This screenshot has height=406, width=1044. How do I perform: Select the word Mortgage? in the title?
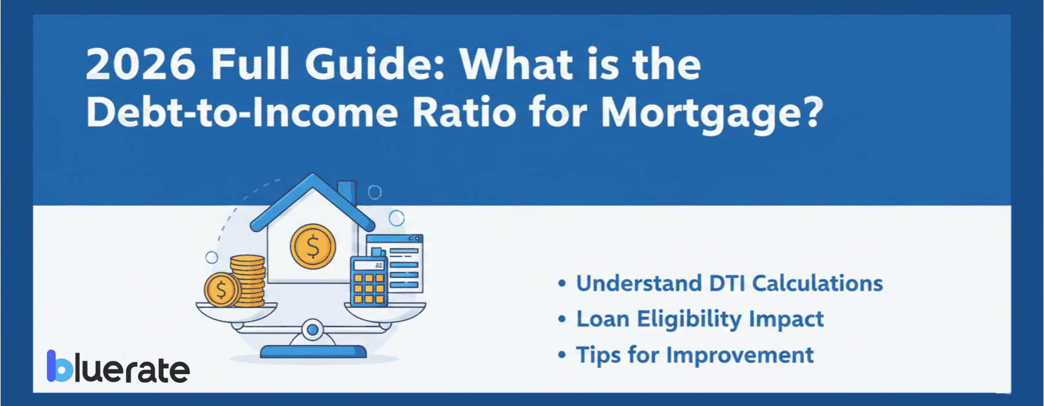712,113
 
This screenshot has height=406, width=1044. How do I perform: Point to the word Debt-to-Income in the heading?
241,113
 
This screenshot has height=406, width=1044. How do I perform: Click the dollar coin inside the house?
313,246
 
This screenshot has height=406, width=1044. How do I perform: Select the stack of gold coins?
248,281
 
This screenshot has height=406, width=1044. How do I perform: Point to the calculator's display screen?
369,265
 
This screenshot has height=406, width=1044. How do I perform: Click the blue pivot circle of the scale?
313,330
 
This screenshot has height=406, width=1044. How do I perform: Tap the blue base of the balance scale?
313,351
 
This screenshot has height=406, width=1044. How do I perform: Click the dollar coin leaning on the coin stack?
222,289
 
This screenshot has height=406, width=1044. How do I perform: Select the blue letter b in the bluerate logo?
60,367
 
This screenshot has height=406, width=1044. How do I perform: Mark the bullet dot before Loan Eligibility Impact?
561,320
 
